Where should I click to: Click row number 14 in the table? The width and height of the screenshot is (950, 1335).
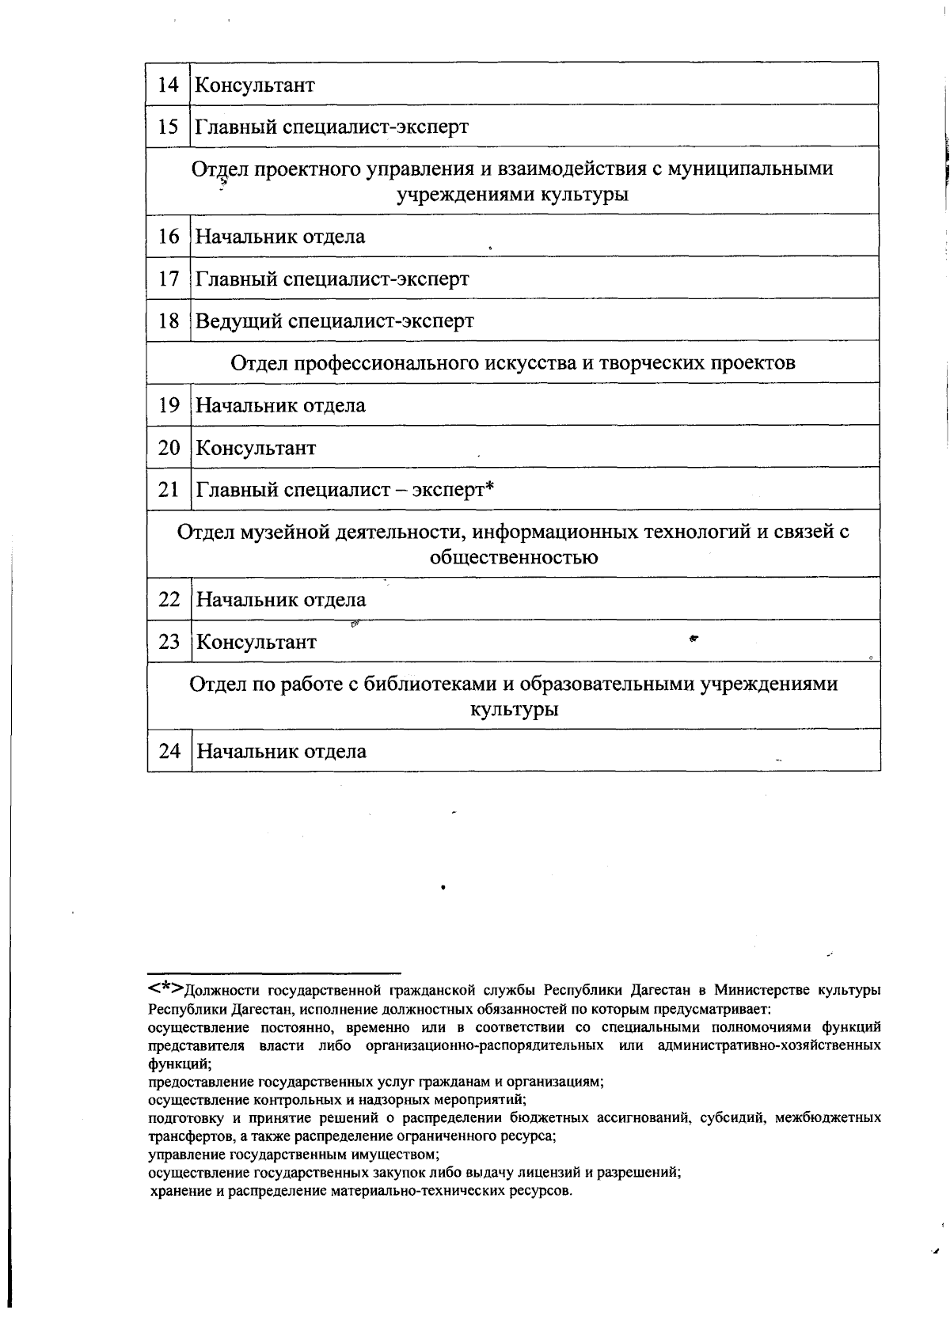(168, 85)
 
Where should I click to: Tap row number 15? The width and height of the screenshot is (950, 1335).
(168, 127)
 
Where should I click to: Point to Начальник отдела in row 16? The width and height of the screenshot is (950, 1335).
(280, 237)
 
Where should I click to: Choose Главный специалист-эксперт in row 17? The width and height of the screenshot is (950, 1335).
(332, 279)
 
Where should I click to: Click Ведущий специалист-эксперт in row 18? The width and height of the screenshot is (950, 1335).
(334, 321)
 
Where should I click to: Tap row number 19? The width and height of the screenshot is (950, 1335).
(169, 405)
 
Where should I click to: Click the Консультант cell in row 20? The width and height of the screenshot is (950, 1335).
(256, 448)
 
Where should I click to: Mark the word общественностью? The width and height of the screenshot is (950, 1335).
(513, 557)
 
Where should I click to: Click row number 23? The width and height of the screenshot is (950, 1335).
(169, 642)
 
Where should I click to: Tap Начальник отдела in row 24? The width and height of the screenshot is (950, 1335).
(281, 751)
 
